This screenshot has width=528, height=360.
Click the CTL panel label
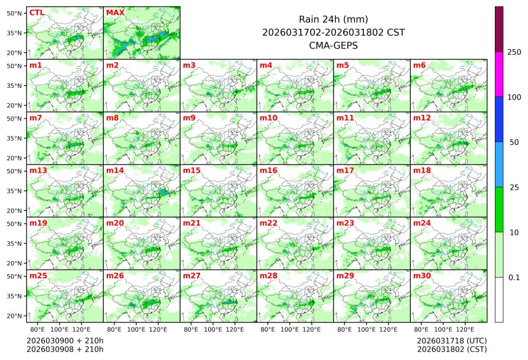(x=36, y=12)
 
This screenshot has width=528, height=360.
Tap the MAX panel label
(x=115, y=12)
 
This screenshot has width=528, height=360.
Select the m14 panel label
(x=115, y=170)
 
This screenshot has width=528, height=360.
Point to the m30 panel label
(x=422, y=276)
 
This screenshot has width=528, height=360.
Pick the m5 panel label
(x=343, y=65)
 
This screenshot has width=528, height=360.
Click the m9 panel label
(x=189, y=117)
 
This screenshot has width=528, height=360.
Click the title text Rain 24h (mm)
(x=333, y=20)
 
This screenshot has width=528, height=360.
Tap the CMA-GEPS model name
(x=333, y=45)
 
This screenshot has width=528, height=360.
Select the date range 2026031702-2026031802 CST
(x=333, y=33)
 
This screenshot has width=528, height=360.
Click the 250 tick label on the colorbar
(x=514, y=52)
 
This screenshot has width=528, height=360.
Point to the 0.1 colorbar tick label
(x=514, y=278)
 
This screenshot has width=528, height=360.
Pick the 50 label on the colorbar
(x=514, y=143)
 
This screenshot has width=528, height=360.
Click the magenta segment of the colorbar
(x=499, y=74)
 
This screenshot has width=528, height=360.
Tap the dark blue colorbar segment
(x=499, y=119)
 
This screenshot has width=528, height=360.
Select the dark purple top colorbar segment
(x=499, y=29)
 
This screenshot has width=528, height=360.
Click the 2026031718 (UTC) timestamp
(x=451, y=340)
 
